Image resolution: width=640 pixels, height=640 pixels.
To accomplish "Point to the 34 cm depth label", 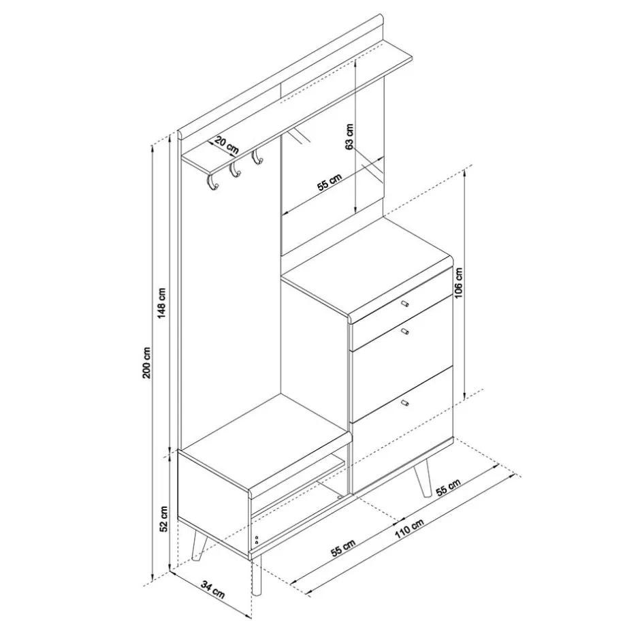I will coord(214,588).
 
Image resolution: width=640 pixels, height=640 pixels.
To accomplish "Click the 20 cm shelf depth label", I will coord(226,144).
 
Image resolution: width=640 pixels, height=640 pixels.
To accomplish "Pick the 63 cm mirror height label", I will coord(349,137).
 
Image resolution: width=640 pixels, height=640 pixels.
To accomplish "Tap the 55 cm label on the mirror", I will coord(330,183).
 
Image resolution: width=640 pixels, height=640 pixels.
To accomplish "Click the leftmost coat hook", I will coord(211,182).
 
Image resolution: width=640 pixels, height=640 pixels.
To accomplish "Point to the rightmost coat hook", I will coord(257,158).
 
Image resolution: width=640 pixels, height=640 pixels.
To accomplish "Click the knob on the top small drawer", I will coord(404,303).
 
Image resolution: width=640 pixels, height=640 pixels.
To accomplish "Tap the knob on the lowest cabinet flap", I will coord(405,404).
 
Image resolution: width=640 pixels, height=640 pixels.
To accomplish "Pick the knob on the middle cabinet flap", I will coord(404,332).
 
